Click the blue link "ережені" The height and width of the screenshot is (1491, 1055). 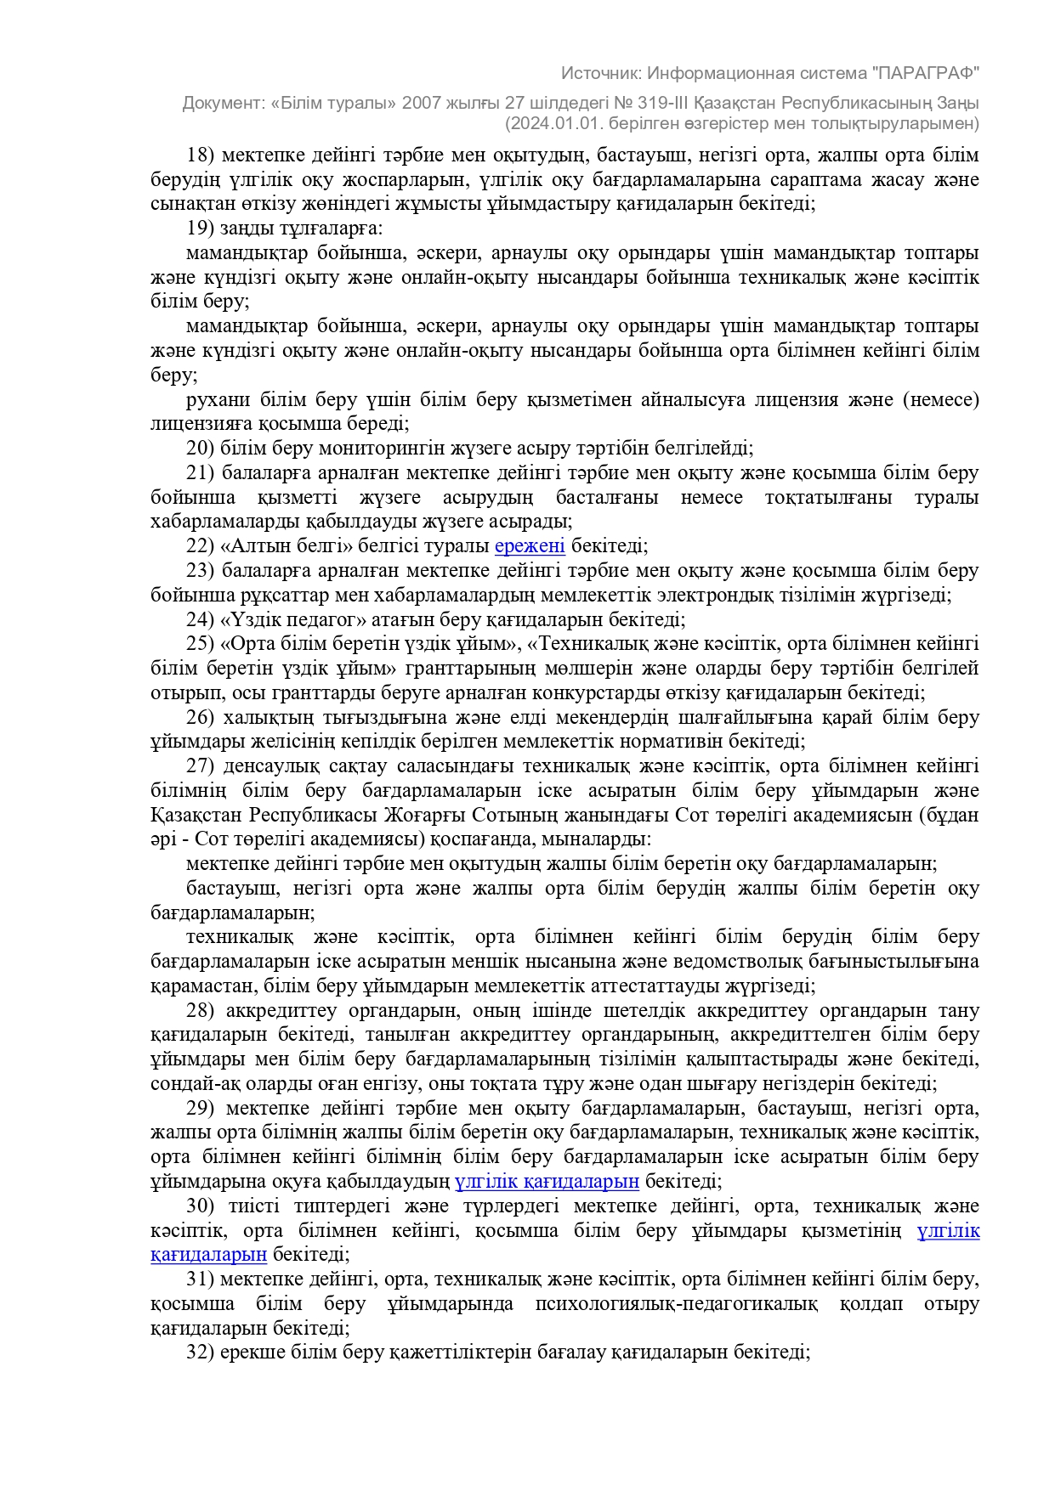pos(530,545)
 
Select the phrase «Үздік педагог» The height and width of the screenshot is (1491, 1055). pos(292,619)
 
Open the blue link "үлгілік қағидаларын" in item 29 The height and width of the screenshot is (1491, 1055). pos(547,1181)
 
